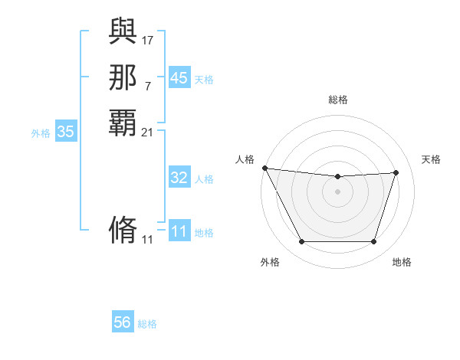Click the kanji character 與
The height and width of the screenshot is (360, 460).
pos(123,32)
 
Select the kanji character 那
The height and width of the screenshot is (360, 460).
pos(123,77)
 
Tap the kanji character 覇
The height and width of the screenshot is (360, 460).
pos(123,123)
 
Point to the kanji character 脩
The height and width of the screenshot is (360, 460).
pos(123,230)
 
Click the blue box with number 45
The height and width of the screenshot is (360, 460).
pos(179,78)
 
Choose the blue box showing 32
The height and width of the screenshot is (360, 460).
pos(179,178)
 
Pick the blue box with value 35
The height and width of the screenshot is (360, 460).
pos(65,132)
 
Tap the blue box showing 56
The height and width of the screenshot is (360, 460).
pos(123,322)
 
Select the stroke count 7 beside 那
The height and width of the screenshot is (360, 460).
pos(147,86)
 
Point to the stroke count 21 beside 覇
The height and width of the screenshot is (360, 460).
pos(148,132)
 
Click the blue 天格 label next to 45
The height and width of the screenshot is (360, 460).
pos(204,80)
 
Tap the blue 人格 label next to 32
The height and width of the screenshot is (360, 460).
pos(204,179)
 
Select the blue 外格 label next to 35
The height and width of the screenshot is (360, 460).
pos(41,133)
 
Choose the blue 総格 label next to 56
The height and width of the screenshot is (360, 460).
pos(147,324)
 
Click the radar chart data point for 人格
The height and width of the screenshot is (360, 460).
pos(264,168)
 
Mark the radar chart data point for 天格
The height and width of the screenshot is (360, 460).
pos(396,172)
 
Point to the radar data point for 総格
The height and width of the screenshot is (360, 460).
pos(337,177)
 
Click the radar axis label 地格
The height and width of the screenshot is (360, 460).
pos(402,262)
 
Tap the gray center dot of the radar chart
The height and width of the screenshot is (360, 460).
pos(337,191)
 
